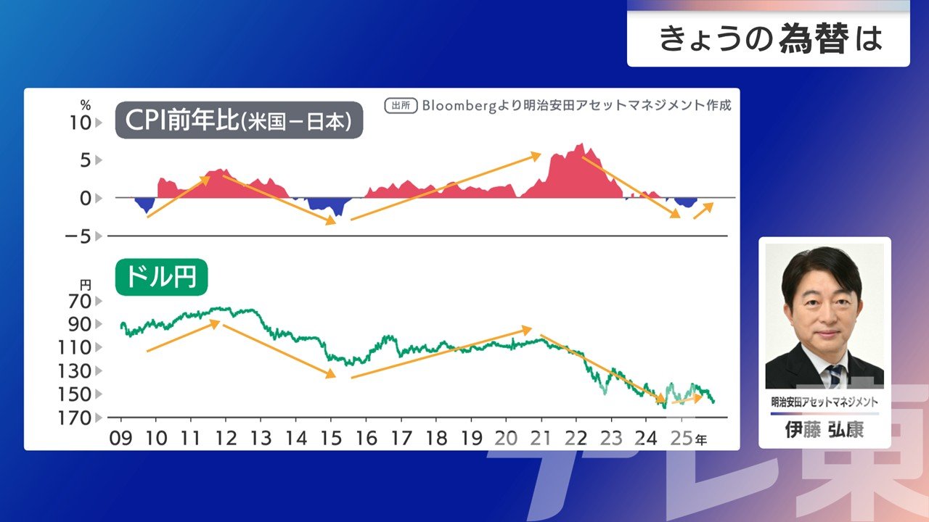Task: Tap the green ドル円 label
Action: coord(161,276)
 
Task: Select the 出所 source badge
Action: coord(400,105)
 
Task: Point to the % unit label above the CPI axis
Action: coord(86,104)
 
